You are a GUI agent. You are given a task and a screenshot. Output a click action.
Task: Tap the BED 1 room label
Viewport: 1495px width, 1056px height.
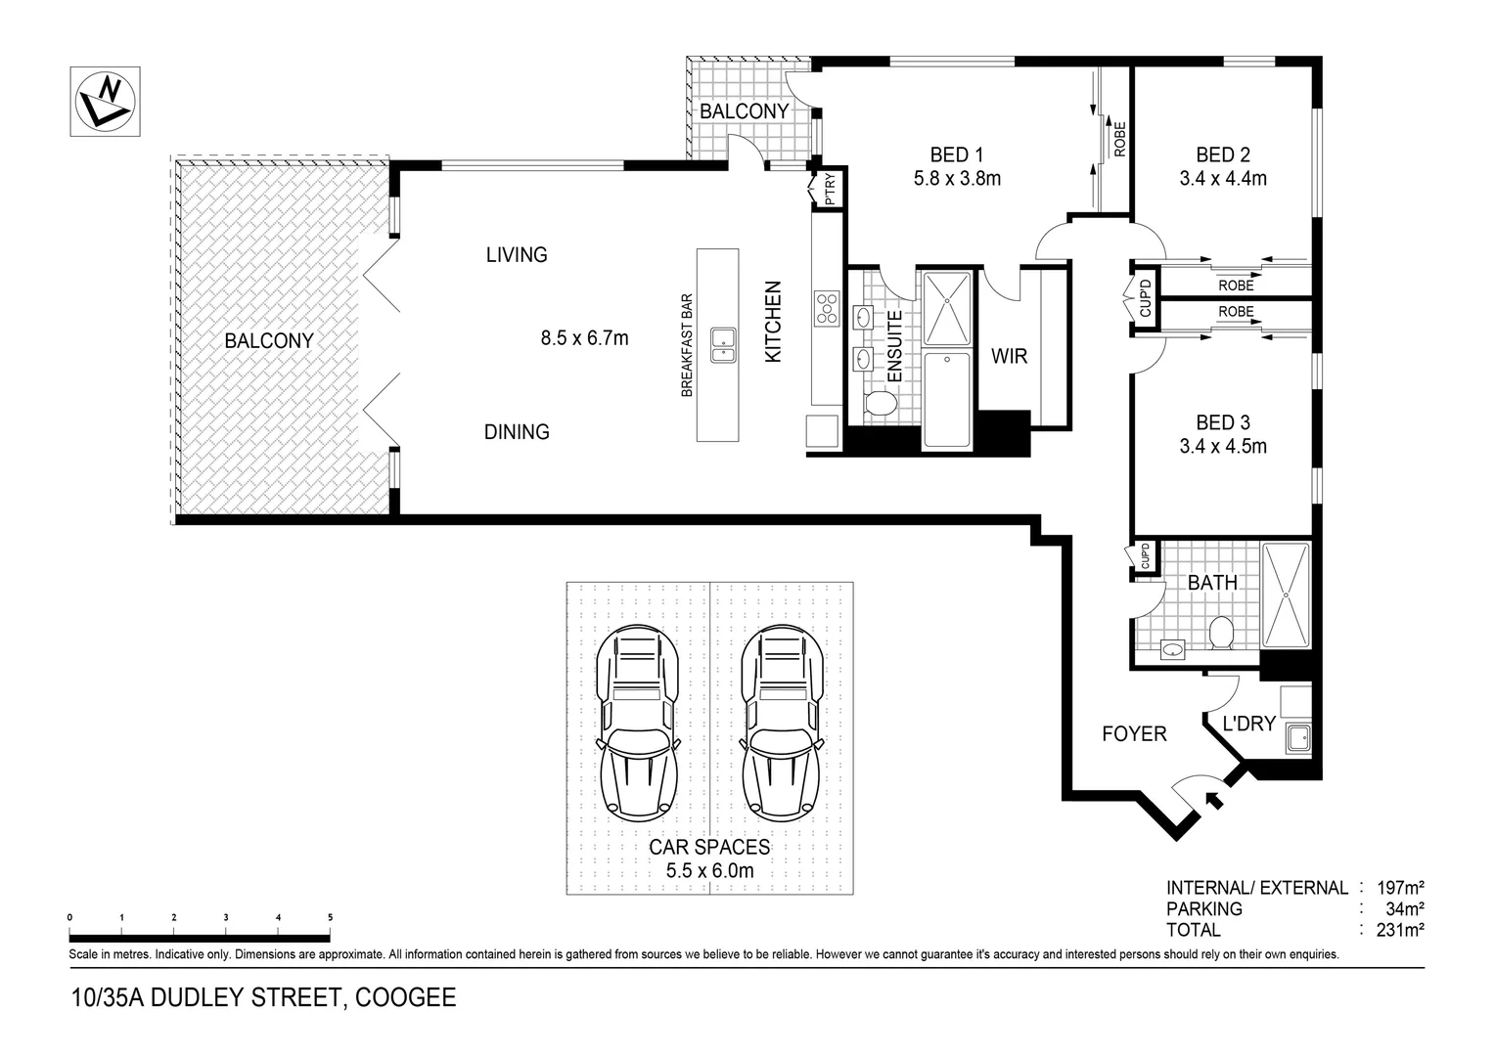(956, 154)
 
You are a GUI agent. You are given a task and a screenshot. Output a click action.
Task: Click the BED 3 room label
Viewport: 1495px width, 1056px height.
(1222, 422)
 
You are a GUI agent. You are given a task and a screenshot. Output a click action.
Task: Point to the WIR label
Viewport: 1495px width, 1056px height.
(1009, 357)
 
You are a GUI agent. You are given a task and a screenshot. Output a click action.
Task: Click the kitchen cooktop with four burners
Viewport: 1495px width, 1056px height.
(827, 308)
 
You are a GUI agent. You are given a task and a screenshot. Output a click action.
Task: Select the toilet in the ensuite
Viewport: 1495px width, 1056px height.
(882, 404)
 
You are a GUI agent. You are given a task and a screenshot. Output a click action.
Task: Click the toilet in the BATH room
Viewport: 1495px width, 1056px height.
(1220, 633)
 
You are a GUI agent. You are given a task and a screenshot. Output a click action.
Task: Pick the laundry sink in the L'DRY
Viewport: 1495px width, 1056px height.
(1298, 738)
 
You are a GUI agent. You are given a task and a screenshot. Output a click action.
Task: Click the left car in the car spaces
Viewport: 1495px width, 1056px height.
(638, 724)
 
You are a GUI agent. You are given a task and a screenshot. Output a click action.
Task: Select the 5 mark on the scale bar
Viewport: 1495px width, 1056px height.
(330, 917)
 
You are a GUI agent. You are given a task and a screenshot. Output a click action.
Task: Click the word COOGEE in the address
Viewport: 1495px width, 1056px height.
(405, 998)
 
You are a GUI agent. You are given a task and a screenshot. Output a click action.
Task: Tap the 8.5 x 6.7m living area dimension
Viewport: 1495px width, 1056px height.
(584, 338)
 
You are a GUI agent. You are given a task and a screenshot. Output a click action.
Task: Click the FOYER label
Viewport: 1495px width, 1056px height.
(1134, 733)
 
